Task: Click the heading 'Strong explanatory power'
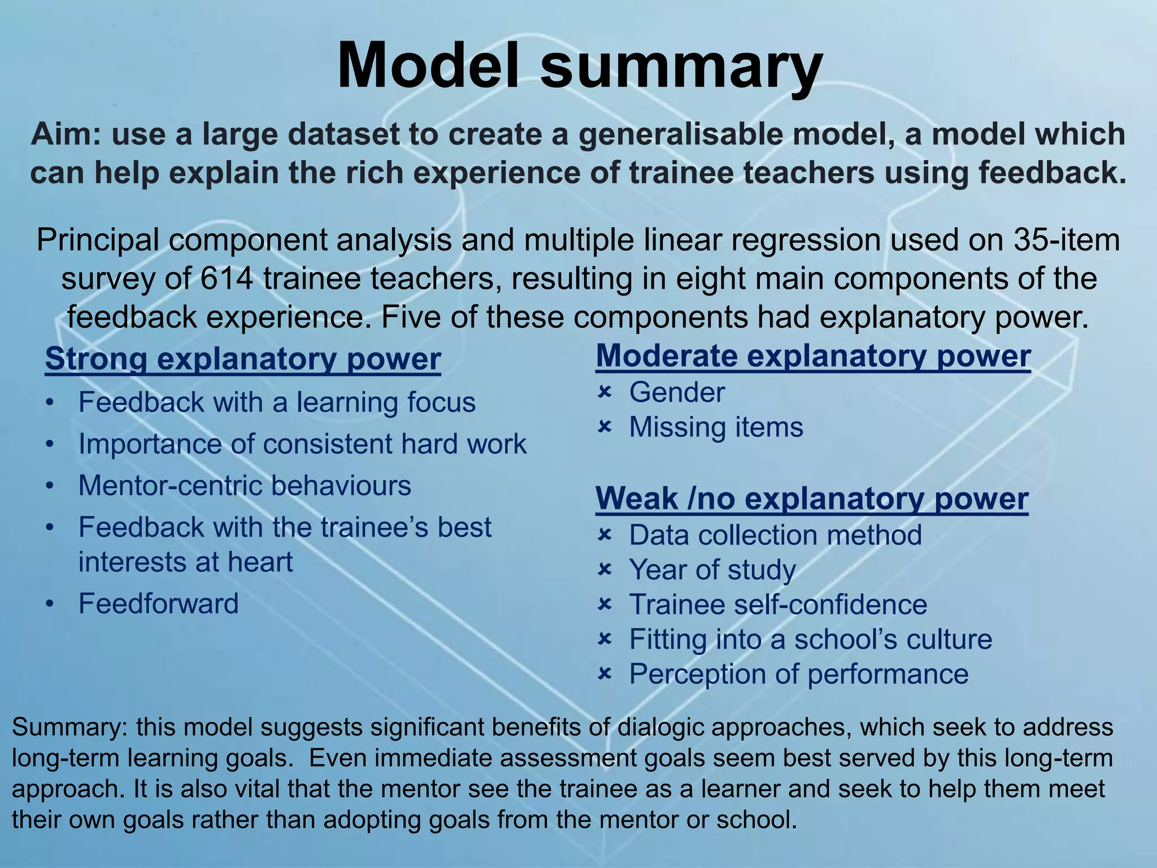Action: click(x=242, y=359)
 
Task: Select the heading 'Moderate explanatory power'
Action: click(x=813, y=357)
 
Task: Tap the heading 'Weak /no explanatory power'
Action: click(x=811, y=499)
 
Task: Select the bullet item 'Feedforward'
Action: click(x=158, y=604)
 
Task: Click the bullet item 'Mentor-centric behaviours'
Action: click(x=245, y=486)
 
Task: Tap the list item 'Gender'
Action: click(x=676, y=393)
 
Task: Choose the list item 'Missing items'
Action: click(x=716, y=428)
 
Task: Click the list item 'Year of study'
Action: click(x=712, y=570)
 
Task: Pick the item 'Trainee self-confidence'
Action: click(x=778, y=605)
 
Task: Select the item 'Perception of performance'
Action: click(x=798, y=674)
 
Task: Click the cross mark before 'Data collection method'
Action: click(x=604, y=535)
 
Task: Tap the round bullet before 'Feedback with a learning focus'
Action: click(x=51, y=403)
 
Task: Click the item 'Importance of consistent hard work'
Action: click(x=302, y=444)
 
